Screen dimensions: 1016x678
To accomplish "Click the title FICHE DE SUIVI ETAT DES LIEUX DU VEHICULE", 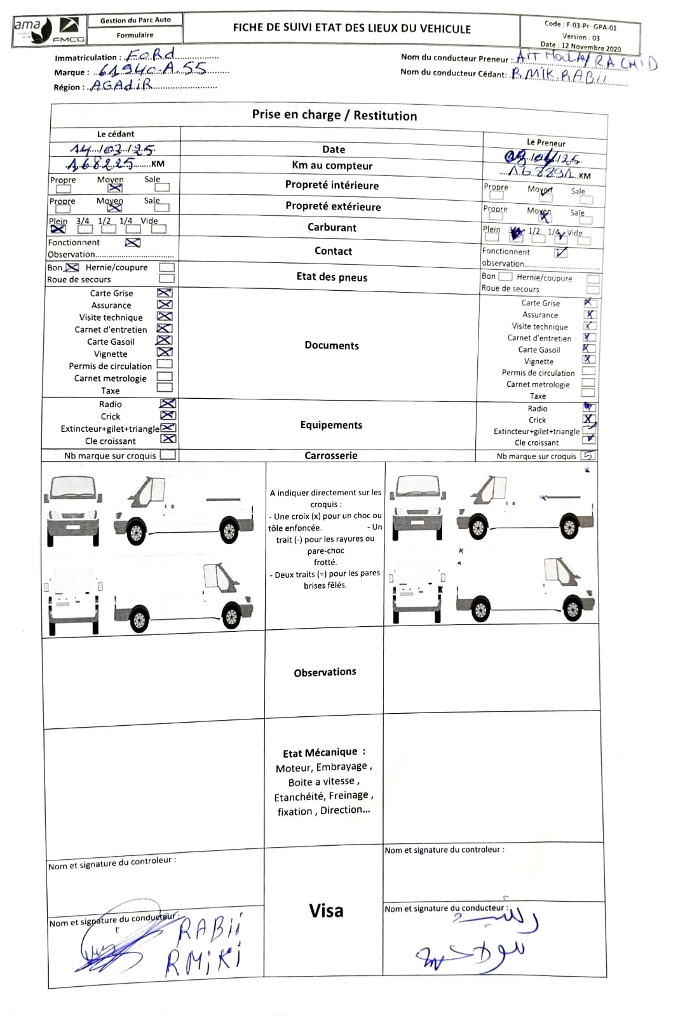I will pos(351,29).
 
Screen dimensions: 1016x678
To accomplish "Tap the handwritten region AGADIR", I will pos(121,85).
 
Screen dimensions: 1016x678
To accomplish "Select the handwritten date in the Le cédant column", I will pos(112,150).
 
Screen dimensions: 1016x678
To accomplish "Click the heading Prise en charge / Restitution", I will pos(334,115).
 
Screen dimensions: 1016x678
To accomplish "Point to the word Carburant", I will pos(332,227).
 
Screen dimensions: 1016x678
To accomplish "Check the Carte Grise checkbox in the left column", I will pos(165,293).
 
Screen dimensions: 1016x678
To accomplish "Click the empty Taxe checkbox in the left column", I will pos(165,387).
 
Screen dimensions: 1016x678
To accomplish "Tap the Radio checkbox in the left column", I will pos(168,404).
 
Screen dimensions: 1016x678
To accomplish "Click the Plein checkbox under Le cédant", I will pos(58,229).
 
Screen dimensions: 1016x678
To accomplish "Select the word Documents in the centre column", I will pos(332,345).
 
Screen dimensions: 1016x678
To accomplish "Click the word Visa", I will pos(326,911).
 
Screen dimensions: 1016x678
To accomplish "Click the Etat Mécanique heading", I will pos(323,752).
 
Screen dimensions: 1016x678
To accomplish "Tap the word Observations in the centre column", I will pos(325,672).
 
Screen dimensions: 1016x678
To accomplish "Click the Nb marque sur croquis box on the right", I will pos(588,455).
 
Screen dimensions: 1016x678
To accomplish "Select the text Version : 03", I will pos(581,37).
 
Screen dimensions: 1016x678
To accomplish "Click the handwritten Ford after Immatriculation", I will pos(151,55).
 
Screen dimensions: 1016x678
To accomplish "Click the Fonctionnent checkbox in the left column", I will pos(132,243).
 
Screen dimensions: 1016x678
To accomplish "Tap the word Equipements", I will pos(331,425).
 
